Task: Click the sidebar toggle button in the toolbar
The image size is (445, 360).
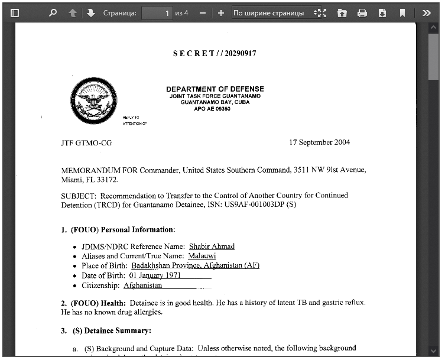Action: coord(15,12)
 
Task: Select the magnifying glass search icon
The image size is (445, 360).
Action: coord(53,12)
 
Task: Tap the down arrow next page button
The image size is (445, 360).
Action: coord(90,12)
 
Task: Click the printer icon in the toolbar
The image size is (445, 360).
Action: coord(362,12)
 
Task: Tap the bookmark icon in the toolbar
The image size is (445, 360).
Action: coord(402,12)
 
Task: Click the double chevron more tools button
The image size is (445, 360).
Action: coord(427,12)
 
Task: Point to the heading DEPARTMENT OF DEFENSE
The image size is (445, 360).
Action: coord(215,89)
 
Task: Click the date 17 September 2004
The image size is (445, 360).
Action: coord(319,142)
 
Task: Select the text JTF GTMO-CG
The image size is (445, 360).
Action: coord(86,143)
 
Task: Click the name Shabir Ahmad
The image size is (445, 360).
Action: coord(212,247)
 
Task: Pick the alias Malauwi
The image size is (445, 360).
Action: coord(202,256)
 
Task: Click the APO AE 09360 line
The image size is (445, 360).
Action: coord(212,109)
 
